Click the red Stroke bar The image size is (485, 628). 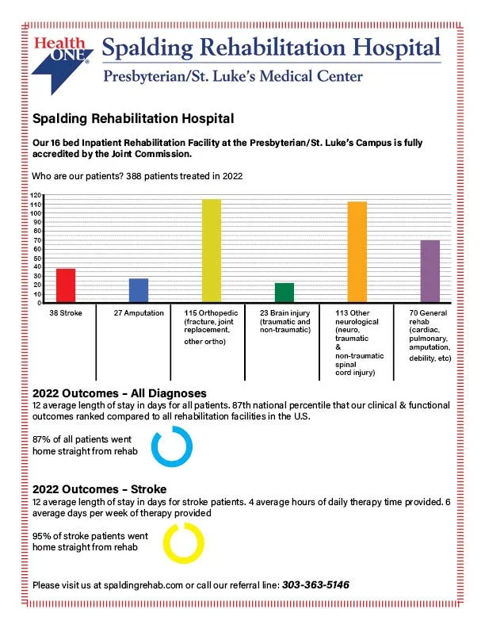click(x=66, y=285)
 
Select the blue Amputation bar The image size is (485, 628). click(x=138, y=290)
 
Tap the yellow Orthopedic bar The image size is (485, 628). click(x=211, y=251)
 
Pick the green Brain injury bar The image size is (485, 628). click(x=284, y=293)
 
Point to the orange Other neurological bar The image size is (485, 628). click(x=357, y=252)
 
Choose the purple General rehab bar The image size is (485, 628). click(x=430, y=271)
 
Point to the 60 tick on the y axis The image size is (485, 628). click(x=36, y=249)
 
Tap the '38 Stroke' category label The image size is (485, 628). click(x=65, y=313)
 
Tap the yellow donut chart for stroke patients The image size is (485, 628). click(x=183, y=543)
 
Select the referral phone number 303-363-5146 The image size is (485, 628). click(x=315, y=585)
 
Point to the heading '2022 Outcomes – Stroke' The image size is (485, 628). click(x=99, y=489)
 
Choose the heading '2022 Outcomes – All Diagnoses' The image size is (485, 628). click(x=119, y=393)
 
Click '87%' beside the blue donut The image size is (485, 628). click(x=42, y=439)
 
